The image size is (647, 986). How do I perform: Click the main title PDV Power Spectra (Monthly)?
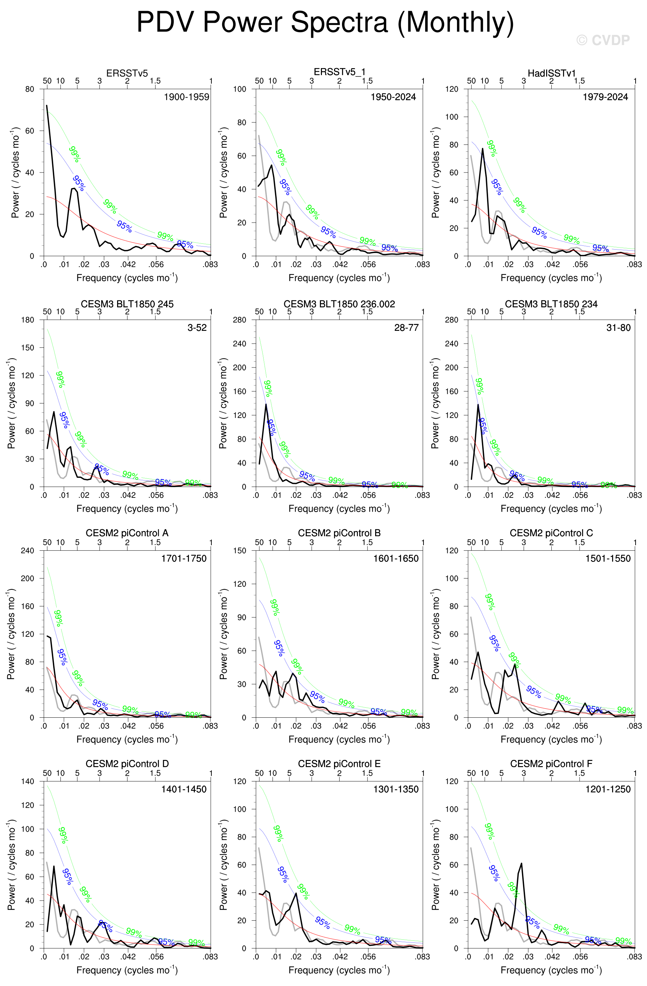tap(325, 22)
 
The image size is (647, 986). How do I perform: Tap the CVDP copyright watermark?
tap(603, 40)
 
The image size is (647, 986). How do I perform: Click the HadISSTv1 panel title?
tap(551, 73)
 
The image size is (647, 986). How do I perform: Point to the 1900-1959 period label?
tap(186, 97)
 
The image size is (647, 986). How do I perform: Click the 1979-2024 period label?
tap(605, 97)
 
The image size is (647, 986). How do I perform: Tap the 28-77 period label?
tap(406, 328)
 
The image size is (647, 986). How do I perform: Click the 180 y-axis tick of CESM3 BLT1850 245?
tap(28, 320)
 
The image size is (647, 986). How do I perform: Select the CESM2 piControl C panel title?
tap(551, 533)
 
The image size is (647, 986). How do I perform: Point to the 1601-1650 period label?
tap(396, 558)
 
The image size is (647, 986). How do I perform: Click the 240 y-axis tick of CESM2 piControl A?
tap(28, 551)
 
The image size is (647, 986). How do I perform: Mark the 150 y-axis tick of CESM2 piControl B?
tap(240, 551)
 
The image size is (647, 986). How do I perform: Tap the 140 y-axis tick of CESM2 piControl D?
tap(28, 781)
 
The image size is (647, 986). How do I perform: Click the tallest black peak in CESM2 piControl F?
tap(521, 864)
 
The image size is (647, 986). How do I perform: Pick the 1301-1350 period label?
tap(396, 789)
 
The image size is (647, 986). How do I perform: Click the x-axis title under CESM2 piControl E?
tap(339, 970)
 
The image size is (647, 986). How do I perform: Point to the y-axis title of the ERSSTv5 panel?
tap(15, 173)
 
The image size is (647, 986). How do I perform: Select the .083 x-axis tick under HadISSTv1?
tap(634, 264)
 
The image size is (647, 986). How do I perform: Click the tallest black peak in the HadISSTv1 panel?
tap(483, 149)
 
